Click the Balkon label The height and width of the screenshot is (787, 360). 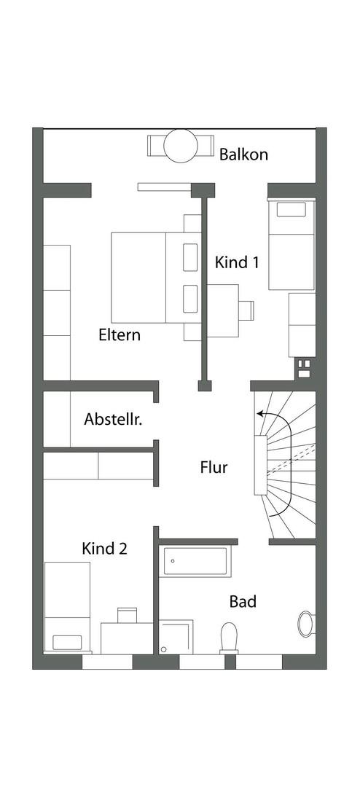[243, 154]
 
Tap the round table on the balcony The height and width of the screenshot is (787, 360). [181, 146]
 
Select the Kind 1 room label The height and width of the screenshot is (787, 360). [237, 262]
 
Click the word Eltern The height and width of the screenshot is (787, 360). [120, 334]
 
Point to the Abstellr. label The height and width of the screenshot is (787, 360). [113, 419]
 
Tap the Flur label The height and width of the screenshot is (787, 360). [214, 467]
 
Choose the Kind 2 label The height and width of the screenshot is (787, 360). [104, 549]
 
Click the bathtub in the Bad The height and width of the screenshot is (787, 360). [197, 562]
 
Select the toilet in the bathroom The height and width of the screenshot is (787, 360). [228, 638]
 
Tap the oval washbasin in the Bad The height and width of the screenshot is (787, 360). [306, 624]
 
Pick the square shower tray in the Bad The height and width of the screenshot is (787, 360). [176, 637]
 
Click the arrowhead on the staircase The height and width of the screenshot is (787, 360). [260, 414]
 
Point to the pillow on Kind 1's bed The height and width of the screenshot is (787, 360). [291, 209]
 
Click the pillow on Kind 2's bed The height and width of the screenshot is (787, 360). [67, 642]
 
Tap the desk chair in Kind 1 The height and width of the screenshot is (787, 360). [246, 310]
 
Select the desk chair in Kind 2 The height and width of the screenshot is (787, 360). [127, 615]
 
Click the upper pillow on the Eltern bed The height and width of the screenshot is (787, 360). [190, 257]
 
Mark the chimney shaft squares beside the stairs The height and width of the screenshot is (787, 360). [305, 368]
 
